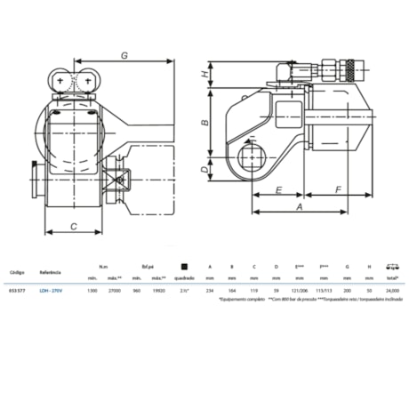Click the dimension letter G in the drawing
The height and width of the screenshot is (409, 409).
pyautogui.click(x=124, y=56)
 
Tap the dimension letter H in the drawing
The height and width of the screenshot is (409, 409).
pyautogui.click(x=206, y=76)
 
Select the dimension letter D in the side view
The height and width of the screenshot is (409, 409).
pyautogui.click(x=206, y=168)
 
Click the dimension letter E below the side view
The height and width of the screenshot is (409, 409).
pyautogui.click(x=278, y=190)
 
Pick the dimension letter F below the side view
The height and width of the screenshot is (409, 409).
pyautogui.click(x=339, y=190)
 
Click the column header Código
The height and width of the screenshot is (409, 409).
pyautogui.click(x=17, y=265)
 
